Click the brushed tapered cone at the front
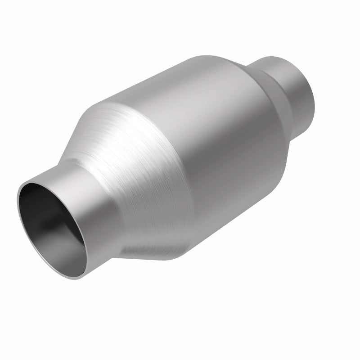click(x=130, y=180)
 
